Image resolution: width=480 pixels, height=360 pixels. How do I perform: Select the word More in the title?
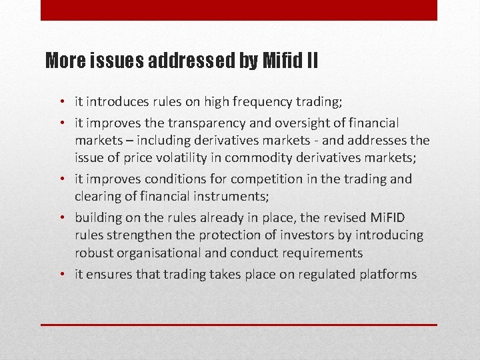65,62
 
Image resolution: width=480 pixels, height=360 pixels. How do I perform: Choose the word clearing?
97,197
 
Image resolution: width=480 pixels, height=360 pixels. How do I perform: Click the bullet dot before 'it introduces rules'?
61,103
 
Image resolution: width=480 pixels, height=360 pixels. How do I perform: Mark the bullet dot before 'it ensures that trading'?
61,274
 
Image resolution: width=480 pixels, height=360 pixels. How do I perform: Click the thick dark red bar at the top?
239,10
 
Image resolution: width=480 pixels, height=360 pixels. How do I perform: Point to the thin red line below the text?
239,325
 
